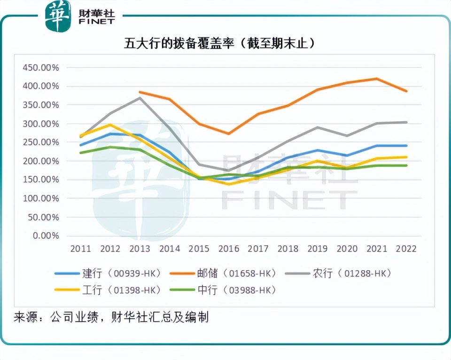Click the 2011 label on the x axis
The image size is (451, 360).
pos(80,249)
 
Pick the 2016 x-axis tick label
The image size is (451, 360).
pos(228,249)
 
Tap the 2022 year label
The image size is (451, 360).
pos(406,249)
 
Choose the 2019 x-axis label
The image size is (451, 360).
pos(317,249)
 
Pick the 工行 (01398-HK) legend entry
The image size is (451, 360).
pos(108,290)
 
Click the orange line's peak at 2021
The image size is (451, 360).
pos(376,78)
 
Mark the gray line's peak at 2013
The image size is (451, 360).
pos(140,98)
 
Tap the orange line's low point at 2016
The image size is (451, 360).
pos(228,133)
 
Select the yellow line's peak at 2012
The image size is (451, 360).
pos(110,125)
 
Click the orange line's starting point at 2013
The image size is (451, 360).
pos(140,92)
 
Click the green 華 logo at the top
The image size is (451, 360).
pos(57,16)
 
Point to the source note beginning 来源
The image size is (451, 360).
pos(111,317)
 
